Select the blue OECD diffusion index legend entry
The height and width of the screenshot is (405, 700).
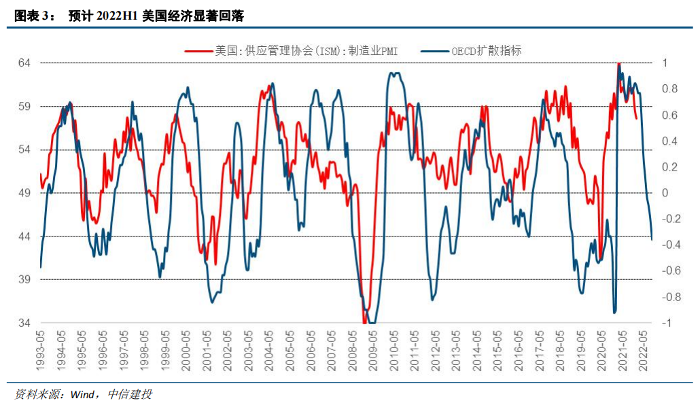(x=486, y=50)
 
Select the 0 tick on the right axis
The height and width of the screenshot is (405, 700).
(x=665, y=193)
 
